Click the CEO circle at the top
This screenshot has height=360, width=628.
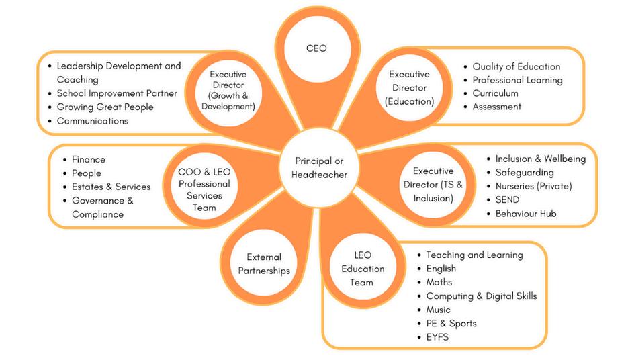click(x=316, y=48)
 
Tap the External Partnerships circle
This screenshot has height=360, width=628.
click(x=264, y=263)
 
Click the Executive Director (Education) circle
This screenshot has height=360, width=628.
click(x=409, y=87)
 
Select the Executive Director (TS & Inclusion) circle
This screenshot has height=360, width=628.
click(x=433, y=185)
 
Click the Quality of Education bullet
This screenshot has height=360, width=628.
click(x=516, y=66)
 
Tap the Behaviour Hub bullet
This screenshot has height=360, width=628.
click(x=525, y=214)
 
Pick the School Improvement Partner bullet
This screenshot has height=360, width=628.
click(x=117, y=93)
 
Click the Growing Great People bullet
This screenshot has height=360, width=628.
click(x=105, y=107)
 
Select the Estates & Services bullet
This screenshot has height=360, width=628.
click(x=111, y=187)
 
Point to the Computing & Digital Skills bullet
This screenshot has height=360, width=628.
click(x=481, y=296)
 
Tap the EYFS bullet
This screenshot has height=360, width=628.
click(x=437, y=336)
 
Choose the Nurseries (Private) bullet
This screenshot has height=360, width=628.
click(x=533, y=186)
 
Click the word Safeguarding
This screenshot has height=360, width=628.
click(x=525, y=173)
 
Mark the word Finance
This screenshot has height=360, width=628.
click(x=89, y=159)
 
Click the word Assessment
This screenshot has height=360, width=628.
click(x=496, y=107)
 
